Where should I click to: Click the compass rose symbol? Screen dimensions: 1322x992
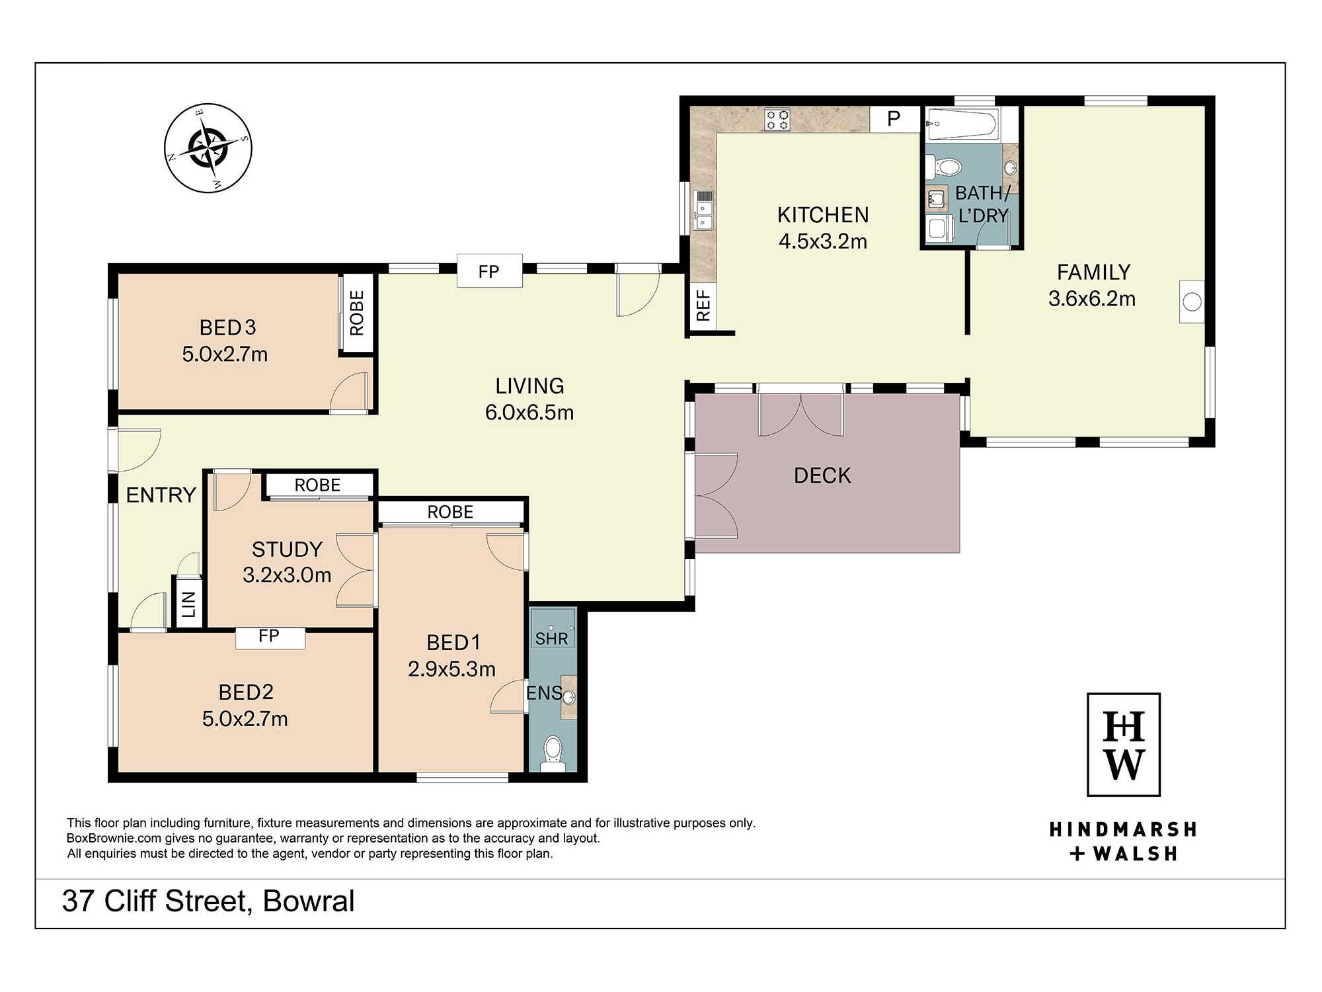click(x=208, y=148)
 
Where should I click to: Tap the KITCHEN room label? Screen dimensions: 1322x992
click(x=823, y=215)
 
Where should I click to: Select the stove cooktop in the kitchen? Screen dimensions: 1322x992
click(x=777, y=120)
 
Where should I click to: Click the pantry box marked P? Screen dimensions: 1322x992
click(x=894, y=119)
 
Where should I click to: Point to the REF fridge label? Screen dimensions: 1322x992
click(x=703, y=306)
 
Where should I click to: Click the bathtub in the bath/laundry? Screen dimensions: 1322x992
click(x=962, y=124)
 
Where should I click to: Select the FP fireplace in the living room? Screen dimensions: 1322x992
click(x=489, y=271)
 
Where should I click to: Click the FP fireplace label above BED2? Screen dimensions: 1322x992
click(x=269, y=636)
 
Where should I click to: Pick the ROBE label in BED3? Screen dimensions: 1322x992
click(x=357, y=313)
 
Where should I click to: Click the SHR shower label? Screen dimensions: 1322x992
click(x=552, y=639)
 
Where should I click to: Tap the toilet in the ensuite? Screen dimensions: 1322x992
click(x=553, y=754)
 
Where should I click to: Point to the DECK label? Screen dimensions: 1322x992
click(x=822, y=475)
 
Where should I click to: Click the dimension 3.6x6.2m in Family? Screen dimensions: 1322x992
click(x=1092, y=299)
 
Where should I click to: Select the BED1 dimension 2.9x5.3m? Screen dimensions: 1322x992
click(x=451, y=669)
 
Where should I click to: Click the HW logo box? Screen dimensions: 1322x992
click(x=1124, y=745)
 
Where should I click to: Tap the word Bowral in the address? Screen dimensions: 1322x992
click(x=309, y=901)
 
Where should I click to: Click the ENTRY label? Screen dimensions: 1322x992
click(x=161, y=495)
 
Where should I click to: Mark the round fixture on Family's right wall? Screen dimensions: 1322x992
click(x=1192, y=302)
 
